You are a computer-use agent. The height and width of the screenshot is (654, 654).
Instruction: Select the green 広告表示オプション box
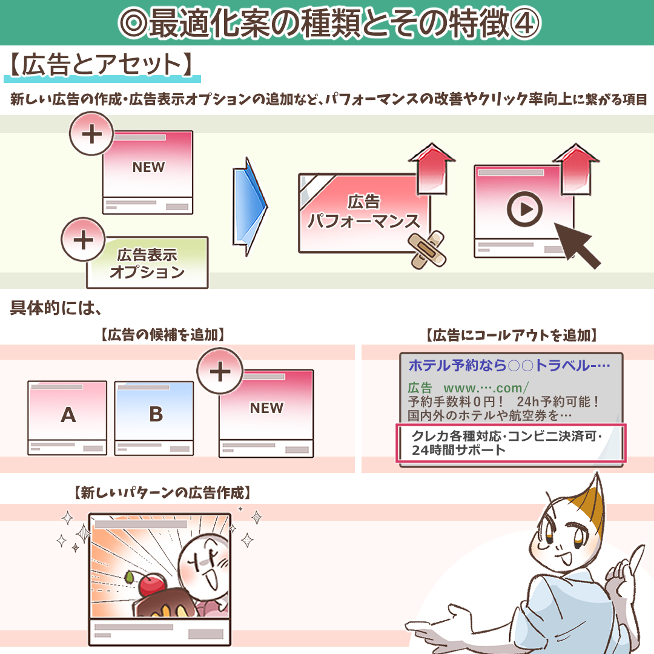(147, 263)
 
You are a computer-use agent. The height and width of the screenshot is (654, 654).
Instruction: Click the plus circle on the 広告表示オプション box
(83, 240)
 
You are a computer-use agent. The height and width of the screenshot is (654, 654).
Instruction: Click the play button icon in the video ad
(524, 210)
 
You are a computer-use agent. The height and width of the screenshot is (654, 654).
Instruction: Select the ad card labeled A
(68, 417)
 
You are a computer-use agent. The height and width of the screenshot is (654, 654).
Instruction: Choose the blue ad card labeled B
(155, 417)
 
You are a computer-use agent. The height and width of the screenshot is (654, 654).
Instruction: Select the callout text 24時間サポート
(458, 450)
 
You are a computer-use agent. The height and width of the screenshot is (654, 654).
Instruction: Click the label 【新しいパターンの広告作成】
(162, 494)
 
